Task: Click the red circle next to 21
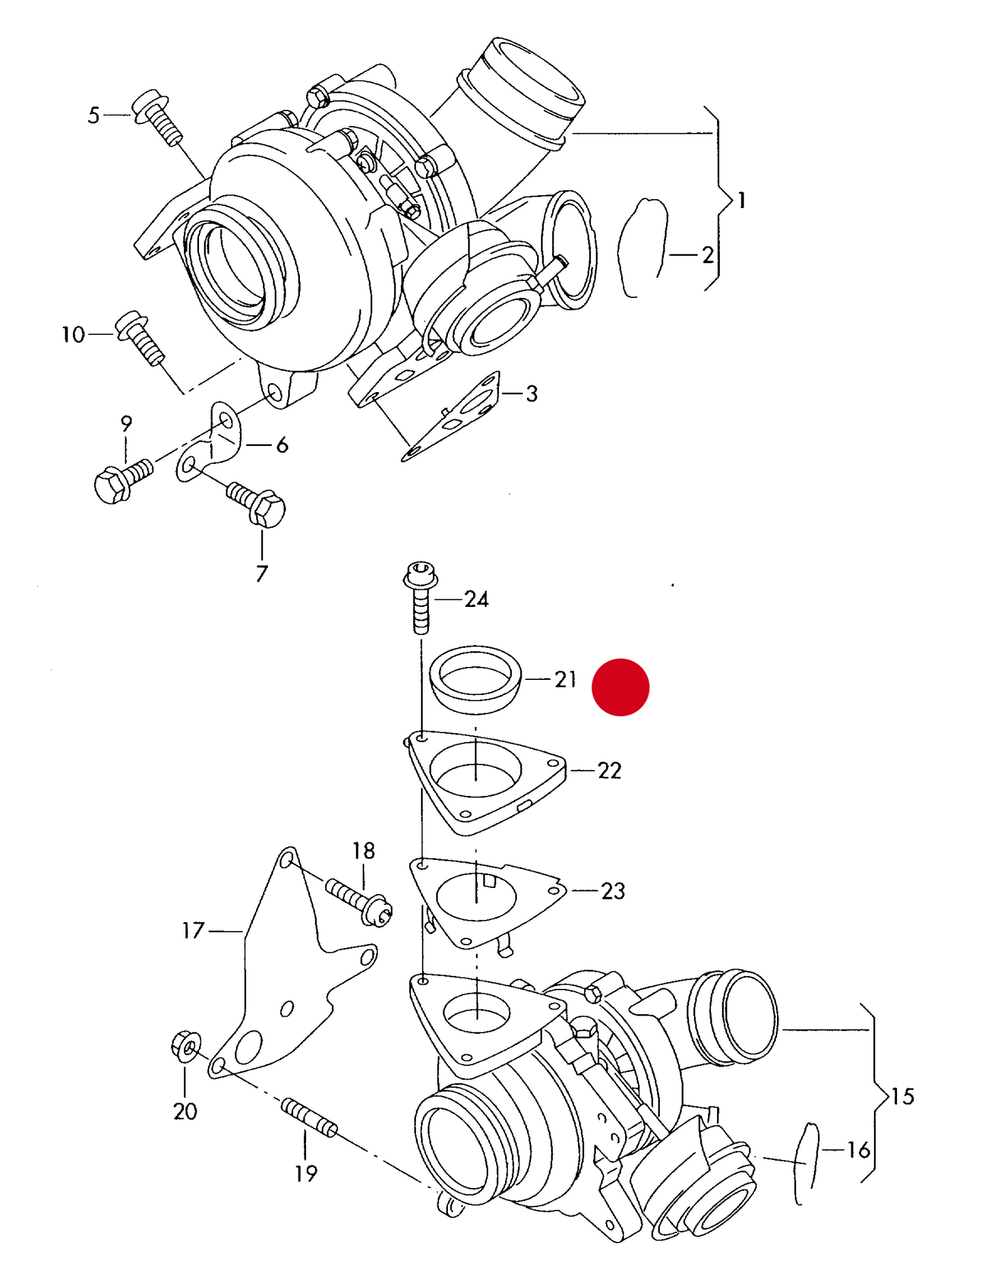tap(620, 687)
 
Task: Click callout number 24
tap(476, 599)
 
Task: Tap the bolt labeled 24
tap(421, 597)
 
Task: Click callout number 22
tap(609, 771)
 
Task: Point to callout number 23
tap(613, 891)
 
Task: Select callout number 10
tap(73, 335)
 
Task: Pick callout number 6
tap(282, 445)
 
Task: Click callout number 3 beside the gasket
tap(532, 394)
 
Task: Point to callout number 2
tap(708, 255)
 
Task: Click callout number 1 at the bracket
tap(742, 201)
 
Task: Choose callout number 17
tap(193, 931)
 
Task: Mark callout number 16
tap(858, 1151)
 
